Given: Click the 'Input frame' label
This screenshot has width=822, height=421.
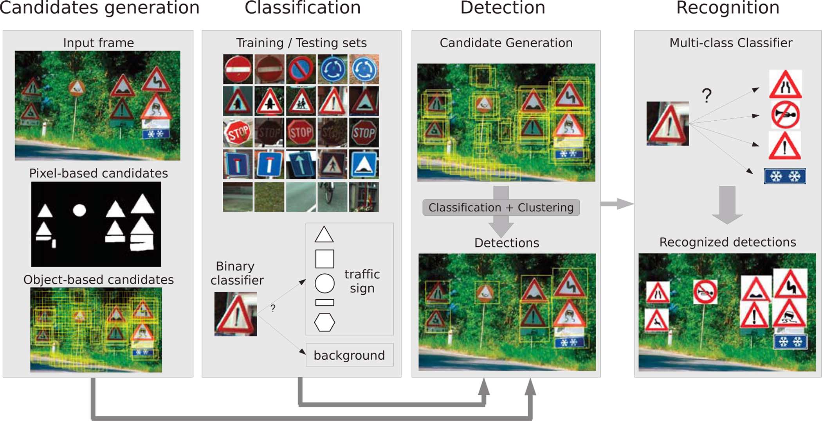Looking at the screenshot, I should [x=98, y=43].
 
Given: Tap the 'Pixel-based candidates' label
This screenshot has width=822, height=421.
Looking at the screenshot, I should [x=98, y=173].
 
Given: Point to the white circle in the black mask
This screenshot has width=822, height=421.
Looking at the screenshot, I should [x=79, y=210].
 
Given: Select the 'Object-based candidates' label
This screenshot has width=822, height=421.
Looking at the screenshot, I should [x=98, y=279].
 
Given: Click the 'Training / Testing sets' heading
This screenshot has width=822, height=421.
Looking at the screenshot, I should [x=301, y=43].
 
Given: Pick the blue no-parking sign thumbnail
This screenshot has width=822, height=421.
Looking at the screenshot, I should [x=301, y=69].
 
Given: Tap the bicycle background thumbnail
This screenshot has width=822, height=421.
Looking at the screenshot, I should [x=332, y=197].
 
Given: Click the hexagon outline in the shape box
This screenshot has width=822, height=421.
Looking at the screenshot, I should [x=324, y=322].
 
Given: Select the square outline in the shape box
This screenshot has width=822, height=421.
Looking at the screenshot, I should [x=324, y=259].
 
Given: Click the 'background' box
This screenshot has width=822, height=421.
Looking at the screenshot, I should [x=349, y=355].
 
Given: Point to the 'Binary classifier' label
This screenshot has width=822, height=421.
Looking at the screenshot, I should [x=237, y=273].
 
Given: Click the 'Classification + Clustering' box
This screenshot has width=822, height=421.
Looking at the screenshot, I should [x=501, y=207].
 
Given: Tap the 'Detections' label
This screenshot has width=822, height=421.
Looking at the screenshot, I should [x=507, y=243].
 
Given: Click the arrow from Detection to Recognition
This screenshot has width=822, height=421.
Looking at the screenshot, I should [x=617, y=203].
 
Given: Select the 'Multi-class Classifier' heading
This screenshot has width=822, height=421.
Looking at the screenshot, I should [x=731, y=43].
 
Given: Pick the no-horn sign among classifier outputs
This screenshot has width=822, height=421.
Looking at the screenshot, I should [x=785, y=115].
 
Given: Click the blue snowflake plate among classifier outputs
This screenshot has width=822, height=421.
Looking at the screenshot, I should [x=785, y=176].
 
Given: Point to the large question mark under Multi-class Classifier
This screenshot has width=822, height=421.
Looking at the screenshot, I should [x=706, y=95].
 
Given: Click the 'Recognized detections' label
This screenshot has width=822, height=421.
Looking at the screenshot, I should [x=727, y=242].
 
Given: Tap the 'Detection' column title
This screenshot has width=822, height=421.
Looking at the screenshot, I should [x=503, y=8].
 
